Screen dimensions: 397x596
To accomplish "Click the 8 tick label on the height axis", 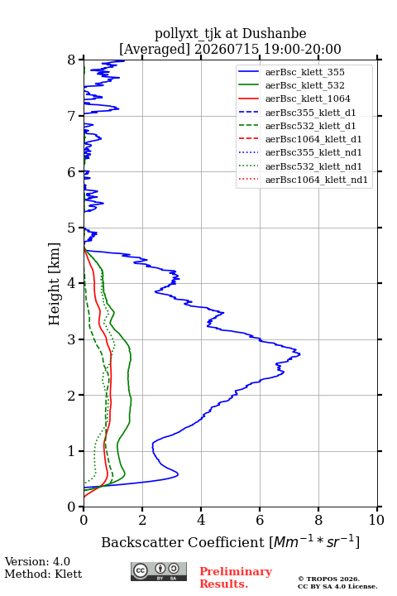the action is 71,60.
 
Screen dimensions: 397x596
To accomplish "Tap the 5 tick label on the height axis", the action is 71,228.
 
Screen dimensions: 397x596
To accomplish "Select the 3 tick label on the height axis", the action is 71,339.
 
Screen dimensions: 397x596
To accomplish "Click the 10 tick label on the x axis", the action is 376,520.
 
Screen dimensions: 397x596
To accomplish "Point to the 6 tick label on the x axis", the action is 260,520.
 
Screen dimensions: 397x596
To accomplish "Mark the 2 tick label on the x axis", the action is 142,520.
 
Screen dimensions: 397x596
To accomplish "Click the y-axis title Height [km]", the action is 55,284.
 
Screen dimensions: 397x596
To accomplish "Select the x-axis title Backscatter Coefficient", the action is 183,542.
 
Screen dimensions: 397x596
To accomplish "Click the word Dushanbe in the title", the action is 274,34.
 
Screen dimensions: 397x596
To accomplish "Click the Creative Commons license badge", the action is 159,572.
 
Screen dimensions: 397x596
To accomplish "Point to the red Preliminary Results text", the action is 236,578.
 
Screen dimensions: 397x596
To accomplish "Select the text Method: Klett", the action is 43,574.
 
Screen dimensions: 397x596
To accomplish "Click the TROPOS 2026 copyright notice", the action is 329,579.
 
